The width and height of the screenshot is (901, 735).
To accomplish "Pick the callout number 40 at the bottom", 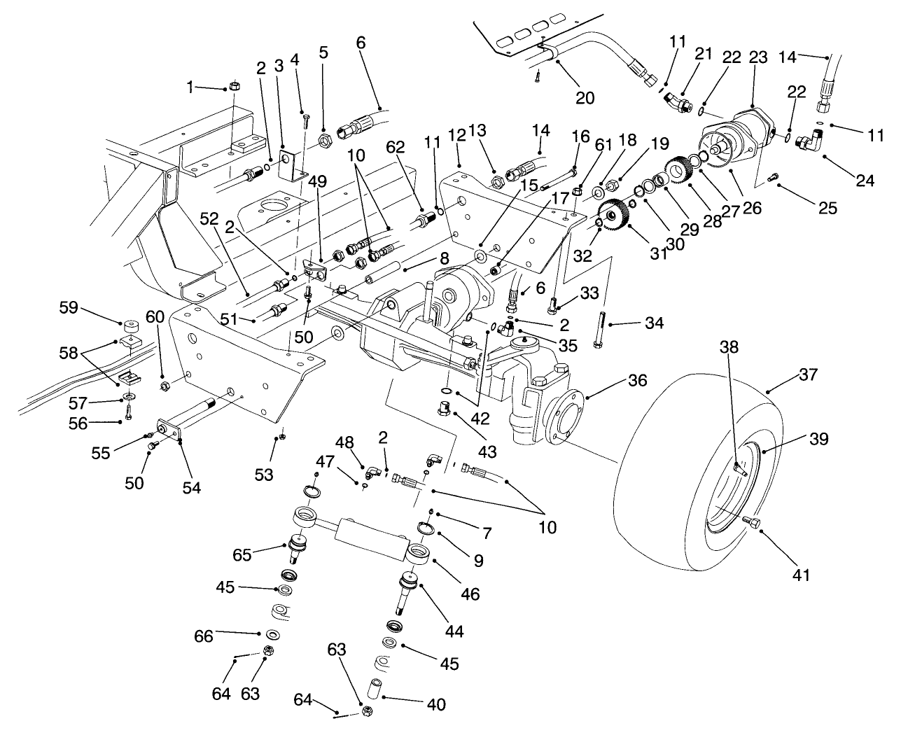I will click(435, 704).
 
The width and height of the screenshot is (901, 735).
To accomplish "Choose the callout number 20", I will click(585, 97).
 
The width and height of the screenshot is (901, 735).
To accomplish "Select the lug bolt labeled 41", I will click(753, 522).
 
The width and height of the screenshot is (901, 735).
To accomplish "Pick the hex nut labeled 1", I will click(235, 86).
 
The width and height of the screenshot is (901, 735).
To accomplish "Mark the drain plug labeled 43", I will click(445, 408).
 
